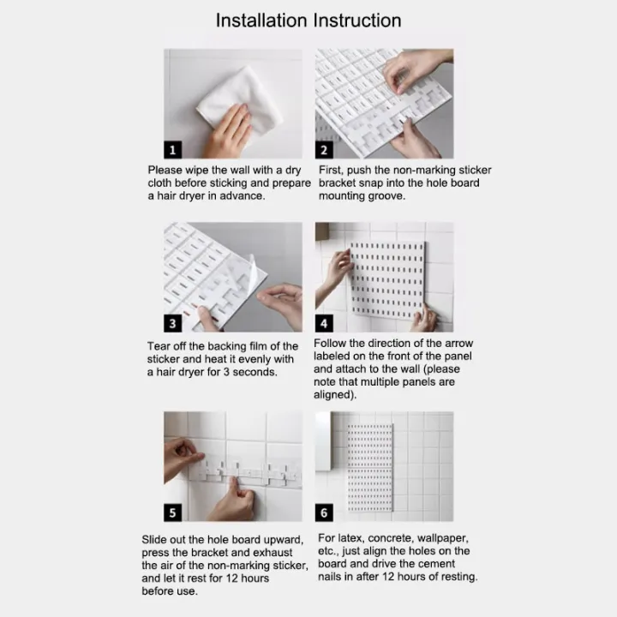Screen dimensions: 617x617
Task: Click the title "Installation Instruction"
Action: coord(308,20)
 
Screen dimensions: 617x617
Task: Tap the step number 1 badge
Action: coord(173,149)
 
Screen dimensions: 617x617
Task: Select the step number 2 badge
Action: coord(324,149)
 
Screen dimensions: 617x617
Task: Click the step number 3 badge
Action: coord(173,323)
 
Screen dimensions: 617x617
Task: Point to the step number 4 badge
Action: coord(324,323)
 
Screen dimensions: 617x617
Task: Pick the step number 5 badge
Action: coord(173,512)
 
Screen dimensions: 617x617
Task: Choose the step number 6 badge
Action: coord(324,512)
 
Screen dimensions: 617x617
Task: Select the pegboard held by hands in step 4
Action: coord(386,279)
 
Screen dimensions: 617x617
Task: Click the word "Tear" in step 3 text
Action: coord(159,346)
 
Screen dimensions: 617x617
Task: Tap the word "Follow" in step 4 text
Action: coord(332,343)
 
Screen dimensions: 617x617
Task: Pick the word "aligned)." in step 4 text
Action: coord(337,394)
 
